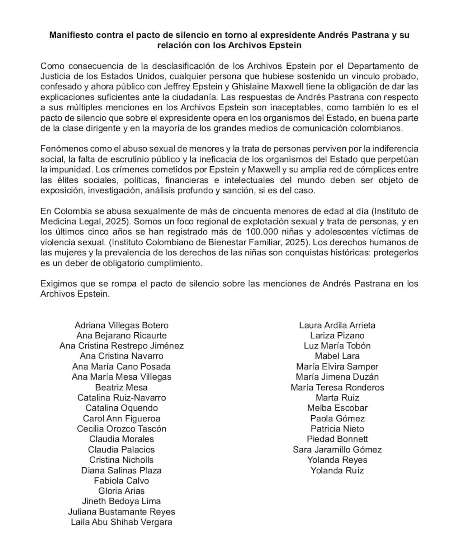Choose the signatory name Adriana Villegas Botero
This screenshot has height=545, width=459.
click(x=122, y=325)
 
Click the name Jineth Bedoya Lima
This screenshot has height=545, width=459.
click(x=122, y=501)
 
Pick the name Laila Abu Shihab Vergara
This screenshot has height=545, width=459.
click(x=122, y=522)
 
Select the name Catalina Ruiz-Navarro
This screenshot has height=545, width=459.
click(x=122, y=398)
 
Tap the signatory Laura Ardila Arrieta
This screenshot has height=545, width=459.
click(x=337, y=325)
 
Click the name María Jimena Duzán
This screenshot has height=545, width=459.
click(x=337, y=377)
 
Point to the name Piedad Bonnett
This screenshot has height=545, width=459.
click(x=337, y=439)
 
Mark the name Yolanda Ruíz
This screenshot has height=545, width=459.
click(x=337, y=470)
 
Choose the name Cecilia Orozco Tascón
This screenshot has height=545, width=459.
click(x=122, y=429)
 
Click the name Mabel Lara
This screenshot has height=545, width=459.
click(x=337, y=356)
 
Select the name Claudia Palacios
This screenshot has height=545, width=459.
click(x=122, y=450)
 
